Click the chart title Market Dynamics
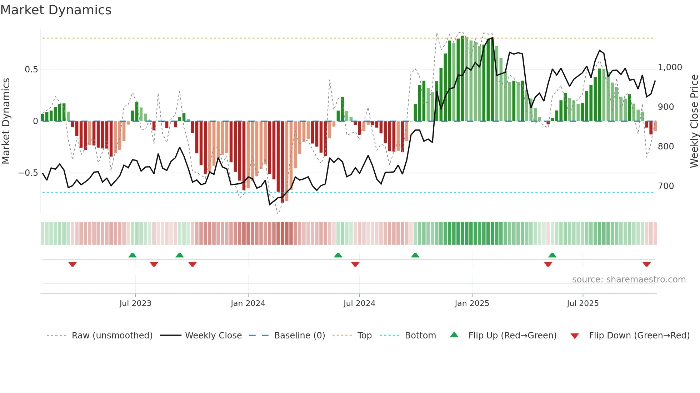[x=56, y=10]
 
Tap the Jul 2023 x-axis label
[x=135, y=303]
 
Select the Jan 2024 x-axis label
[x=248, y=303]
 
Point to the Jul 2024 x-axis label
[x=359, y=303]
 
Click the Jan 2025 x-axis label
[x=472, y=303]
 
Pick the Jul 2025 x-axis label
[x=582, y=303]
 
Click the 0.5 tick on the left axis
[x=31, y=70]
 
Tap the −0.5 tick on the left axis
[x=28, y=173]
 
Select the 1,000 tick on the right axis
[x=670, y=67]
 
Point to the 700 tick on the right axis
[x=666, y=186]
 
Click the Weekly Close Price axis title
[x=694, y=121]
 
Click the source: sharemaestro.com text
[x=629, y=280]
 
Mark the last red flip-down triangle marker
[x=646, y=264]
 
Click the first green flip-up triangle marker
[x=132, y=255]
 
